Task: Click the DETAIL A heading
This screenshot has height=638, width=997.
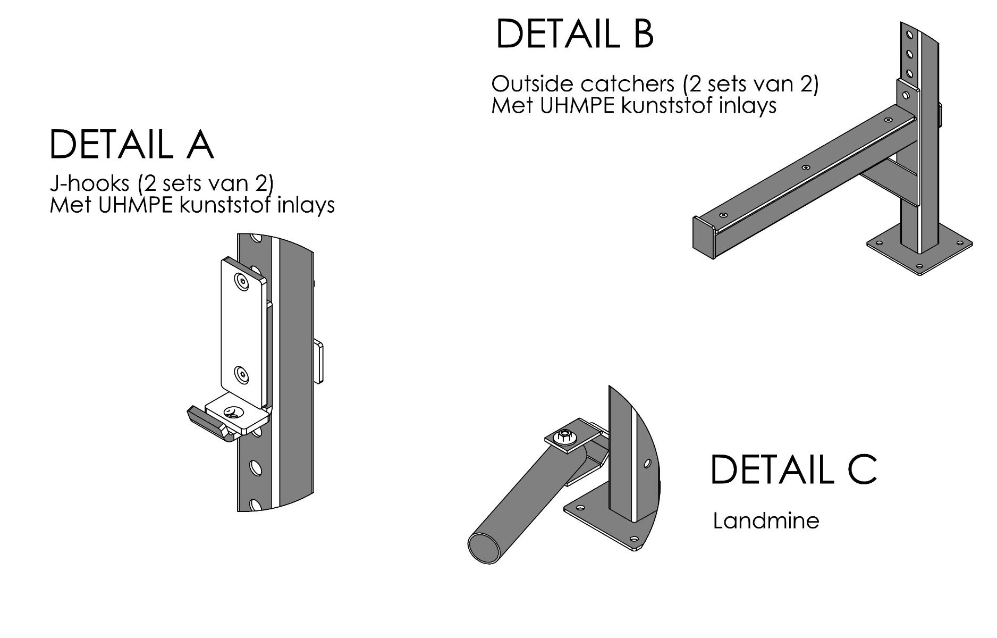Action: (x=132, y=145)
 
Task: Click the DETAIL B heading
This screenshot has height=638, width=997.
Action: (x=574, y=34)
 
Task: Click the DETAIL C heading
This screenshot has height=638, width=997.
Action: (x=793, y=469)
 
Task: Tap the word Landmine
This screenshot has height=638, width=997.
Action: (x=766, y=521)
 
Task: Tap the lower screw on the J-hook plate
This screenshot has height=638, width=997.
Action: (x=242, y=374)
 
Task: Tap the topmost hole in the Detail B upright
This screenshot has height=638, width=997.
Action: (x=910, y=36)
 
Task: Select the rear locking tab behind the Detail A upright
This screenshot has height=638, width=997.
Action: (x=318, y=362)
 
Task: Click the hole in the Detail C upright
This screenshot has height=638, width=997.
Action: (x=647, y=463)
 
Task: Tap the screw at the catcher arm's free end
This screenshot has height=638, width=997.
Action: (x=722, y=215)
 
